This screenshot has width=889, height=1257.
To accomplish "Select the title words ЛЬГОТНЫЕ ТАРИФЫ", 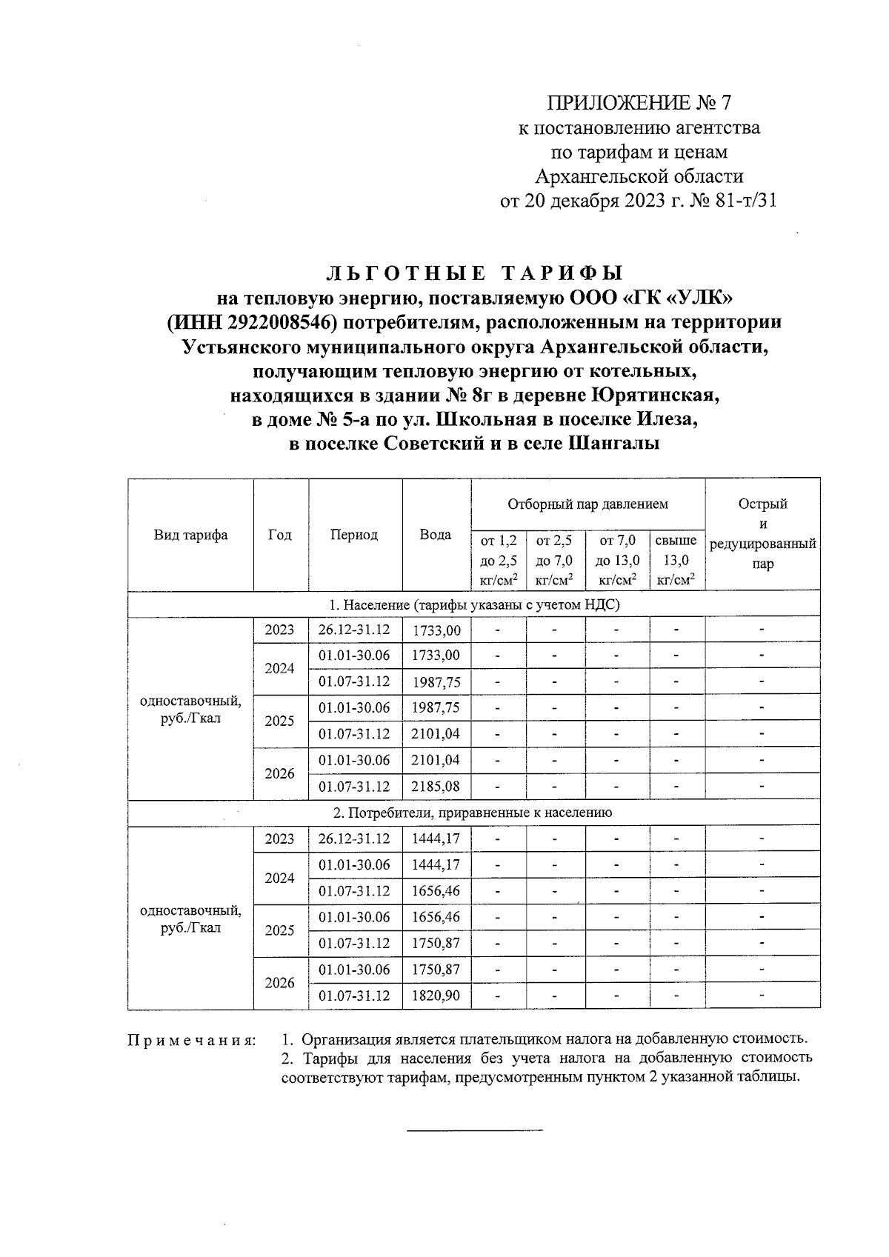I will [x=475, y=273].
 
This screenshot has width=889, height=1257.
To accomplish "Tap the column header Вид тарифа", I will [x=190, y=535].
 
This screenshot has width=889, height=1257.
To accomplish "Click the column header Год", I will [x=280, y=535].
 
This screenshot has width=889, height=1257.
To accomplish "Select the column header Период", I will [x=354, y=535].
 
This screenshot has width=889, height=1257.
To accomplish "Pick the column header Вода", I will [x=436, y=535].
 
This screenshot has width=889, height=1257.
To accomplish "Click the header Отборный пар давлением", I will [x=587, y=504].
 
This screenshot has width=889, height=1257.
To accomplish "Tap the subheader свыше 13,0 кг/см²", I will [x=676, y=561].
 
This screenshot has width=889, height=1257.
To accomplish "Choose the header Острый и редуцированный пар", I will [x=762, y=534].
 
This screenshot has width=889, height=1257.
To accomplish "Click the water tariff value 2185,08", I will [x=436, y=786].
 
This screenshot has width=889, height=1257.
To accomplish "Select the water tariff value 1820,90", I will [x=436, y=996].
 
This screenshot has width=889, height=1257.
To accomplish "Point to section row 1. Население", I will [x=474, y=604].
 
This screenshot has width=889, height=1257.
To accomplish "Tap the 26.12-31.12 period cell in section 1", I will [x=354, y=630].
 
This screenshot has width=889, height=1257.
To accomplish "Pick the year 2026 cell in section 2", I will [x=280, y=983].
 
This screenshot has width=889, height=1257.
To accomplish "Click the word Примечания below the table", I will [x=192, y=1041].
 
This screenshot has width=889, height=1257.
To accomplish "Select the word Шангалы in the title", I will [x=614, y=444].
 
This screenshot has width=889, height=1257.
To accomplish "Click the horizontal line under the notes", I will [x=475, y=1130].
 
